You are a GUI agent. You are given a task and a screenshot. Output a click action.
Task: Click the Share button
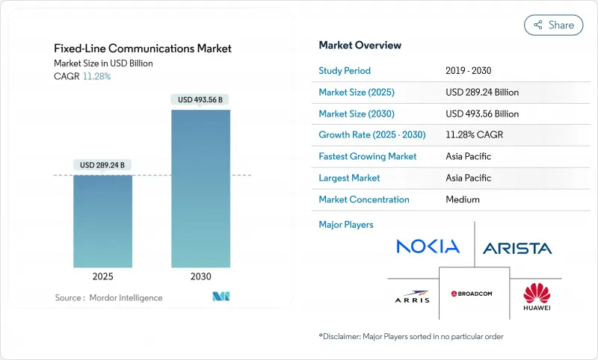tap(553, 25)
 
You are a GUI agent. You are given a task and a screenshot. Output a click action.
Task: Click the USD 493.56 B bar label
tap(200, 99)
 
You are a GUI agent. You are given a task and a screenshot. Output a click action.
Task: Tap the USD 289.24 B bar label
tap(102, 164)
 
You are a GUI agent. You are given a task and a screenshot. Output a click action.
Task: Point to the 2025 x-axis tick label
tap(102, 276)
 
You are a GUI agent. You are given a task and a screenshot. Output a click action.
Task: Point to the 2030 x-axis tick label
tap(200, 276)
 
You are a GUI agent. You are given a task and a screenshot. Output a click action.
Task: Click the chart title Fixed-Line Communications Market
tap(142, 49)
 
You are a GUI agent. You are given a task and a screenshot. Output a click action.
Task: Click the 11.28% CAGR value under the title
tap(96, 76)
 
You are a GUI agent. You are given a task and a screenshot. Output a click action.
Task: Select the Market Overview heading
tap(360, 46)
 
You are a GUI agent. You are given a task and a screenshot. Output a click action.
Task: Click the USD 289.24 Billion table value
tap(481, 93)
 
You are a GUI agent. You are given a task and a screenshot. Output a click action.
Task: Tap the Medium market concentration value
tap(462, 199)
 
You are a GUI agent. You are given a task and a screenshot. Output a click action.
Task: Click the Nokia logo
tap(428, 246)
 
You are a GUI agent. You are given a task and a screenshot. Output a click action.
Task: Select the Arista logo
tap(517, 248)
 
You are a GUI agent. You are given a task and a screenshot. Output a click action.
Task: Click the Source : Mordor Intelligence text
tap(108, 297)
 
